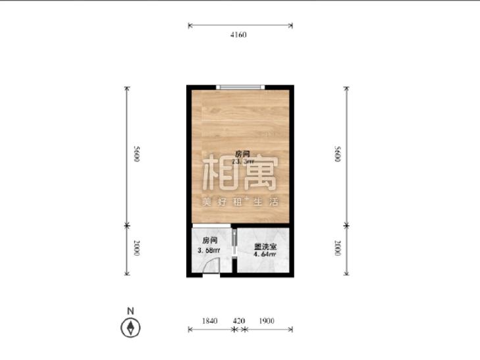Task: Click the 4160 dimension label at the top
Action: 238,35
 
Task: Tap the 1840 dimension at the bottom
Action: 209,321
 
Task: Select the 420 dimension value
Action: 238,321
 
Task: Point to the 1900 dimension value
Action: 266,321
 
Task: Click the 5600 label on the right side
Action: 338,155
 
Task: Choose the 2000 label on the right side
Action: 338,249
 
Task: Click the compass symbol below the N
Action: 132,326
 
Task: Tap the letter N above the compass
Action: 131,310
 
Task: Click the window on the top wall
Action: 241,86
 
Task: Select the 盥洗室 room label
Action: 265,247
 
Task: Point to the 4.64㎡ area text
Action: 265,255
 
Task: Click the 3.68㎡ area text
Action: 209,250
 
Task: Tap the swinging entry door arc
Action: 211,265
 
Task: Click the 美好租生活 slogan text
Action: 241,201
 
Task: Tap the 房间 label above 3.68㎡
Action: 209,240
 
